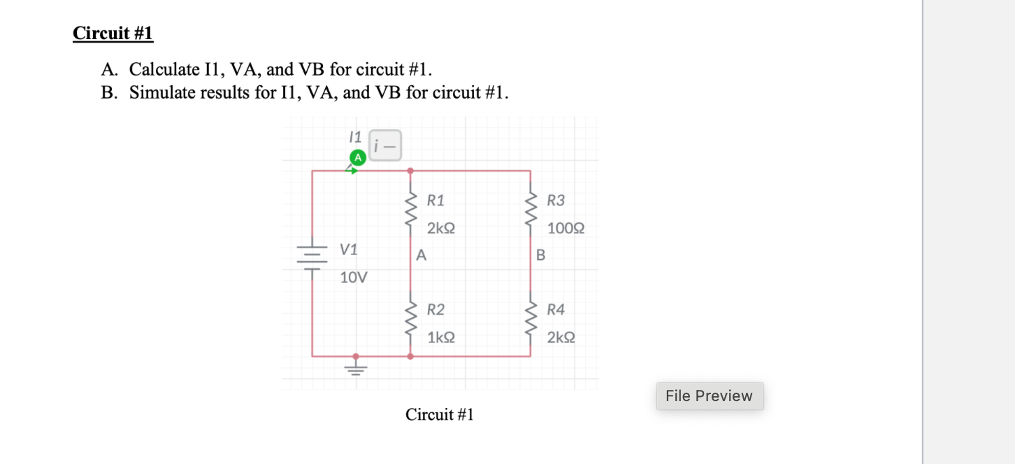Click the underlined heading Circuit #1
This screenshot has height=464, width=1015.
coord(113,33)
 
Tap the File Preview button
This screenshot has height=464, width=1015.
coord(709,396)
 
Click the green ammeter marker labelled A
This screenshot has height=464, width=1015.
coord(357,158)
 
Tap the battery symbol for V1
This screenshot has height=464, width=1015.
coord(312,257)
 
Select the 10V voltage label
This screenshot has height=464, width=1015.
coord(353,277)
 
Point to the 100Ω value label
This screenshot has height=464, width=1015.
coord(566,229)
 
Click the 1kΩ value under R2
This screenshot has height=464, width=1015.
coord(441,338)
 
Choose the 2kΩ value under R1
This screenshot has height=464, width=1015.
coord(441,229)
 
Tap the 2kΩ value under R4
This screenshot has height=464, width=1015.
coord(561,338)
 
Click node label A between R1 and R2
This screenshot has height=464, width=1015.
coord(420,256)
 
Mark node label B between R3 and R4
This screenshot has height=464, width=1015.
coord(540,256)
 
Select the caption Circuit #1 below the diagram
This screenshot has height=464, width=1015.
coord(439,414)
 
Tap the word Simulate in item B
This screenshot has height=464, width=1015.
coord(162,92)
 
